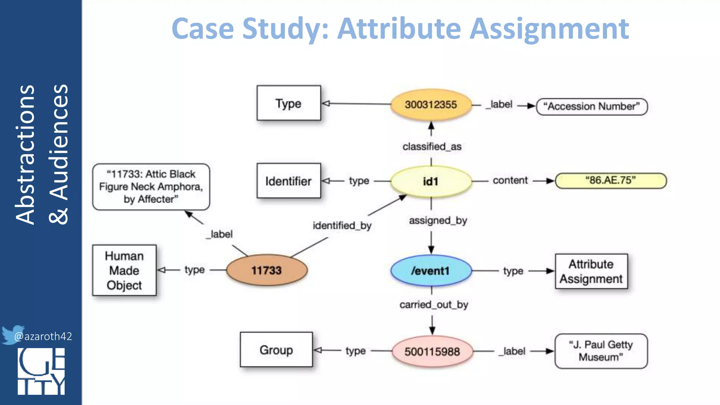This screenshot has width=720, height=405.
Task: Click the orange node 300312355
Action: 431,104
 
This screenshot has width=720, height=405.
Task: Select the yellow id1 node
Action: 431,181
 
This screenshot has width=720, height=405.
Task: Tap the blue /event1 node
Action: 431,271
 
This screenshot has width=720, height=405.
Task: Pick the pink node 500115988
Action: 432,351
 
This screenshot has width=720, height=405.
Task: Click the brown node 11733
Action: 266,270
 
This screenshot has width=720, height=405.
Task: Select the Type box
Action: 288,103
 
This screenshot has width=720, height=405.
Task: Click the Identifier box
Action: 288,181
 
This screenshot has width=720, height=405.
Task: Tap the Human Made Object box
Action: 124,270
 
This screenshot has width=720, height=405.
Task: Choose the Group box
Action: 276,350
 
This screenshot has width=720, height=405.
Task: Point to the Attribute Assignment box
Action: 591,271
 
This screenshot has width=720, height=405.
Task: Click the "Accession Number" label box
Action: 592,107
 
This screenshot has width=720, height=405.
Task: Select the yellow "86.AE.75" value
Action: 611,180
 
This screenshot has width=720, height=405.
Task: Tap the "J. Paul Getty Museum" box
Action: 601,351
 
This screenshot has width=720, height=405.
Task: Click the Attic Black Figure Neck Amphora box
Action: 151,187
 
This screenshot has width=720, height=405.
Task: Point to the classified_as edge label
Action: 432,147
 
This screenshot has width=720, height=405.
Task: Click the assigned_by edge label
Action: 438,220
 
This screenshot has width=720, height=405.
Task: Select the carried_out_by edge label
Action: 433,304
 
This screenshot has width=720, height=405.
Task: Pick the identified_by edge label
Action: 342,225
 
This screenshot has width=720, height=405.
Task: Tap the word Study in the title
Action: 285,29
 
